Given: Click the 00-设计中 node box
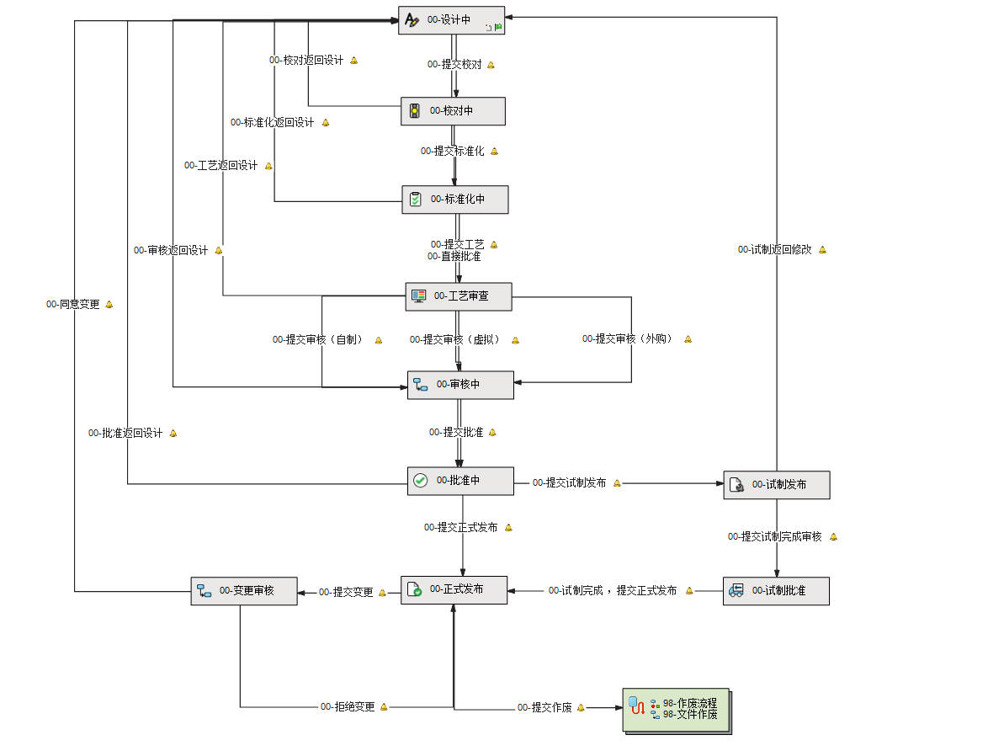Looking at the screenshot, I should point(451,20).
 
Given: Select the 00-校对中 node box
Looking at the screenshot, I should point(453,111).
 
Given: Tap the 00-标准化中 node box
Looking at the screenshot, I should point(454,200).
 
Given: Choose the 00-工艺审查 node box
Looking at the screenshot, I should point(458,296).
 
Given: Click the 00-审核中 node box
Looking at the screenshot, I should point(460,385).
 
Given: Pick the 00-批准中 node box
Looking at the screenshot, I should point(459,481).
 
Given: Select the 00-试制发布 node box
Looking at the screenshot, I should point(776,485).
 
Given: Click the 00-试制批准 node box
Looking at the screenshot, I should point(776,591).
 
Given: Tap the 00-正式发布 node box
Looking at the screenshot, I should point(454,589).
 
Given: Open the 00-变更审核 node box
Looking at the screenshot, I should point(243,591).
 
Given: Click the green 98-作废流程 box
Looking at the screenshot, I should point(676,709).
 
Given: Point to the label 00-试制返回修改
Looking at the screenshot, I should point(775,250).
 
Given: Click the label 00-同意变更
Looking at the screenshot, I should point(73,305).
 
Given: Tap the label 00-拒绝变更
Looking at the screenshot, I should point(348,707).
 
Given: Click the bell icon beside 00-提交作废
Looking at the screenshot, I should point(581,707).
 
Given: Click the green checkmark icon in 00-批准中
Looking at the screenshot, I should point(421,481).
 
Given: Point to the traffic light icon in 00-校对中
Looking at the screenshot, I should point(414,111).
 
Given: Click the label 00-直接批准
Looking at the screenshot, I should point(454,257).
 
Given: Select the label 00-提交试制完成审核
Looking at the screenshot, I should point(775,537).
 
